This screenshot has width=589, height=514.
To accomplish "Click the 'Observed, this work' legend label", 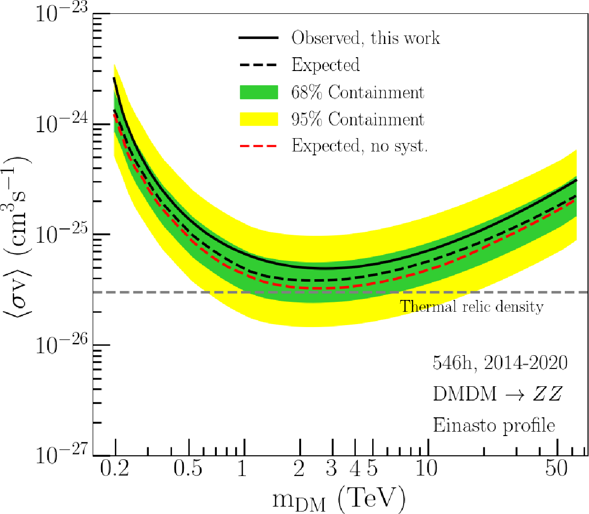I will [365, 38].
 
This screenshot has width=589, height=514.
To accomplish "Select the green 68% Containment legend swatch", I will [259, 92].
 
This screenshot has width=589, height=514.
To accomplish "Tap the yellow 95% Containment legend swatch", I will [259, 119].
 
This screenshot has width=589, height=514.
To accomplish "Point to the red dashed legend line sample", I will [259, 146].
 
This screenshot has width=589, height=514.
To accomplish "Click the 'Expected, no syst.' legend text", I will [359, 146].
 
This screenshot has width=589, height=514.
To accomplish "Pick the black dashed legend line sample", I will [259, 65].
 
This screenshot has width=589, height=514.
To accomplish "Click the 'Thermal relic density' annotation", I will [472, 307].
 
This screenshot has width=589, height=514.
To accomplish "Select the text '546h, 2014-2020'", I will [500, 363].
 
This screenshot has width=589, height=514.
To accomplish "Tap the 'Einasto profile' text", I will [494, 425].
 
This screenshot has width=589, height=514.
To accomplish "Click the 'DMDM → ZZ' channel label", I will [497, 394].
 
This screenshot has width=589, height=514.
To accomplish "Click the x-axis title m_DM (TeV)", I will [340, 499].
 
